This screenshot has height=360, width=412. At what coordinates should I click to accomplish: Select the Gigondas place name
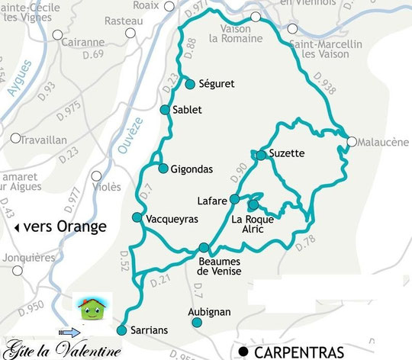click(x=192, y=168)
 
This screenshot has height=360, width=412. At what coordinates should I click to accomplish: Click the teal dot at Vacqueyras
click(x=137, y=218)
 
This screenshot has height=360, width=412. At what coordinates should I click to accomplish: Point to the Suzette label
click(x=287, y=153)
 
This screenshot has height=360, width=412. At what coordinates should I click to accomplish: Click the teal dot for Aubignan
click(x=198, y=323)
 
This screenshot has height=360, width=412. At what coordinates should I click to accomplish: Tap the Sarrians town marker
click(x=121, y=330)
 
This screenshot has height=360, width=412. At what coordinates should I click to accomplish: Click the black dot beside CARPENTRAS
click(x=243, y=352)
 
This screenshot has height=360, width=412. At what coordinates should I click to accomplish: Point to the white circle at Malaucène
click(x=351, y=141)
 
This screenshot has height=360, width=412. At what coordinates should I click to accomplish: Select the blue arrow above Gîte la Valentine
click(x=68, y=333)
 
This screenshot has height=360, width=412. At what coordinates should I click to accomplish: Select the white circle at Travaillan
click(x=15, y=138)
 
